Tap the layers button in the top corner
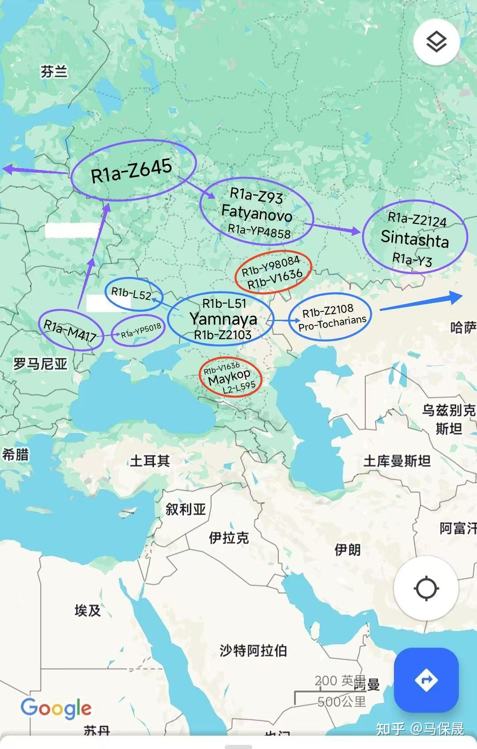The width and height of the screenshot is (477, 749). (436, 42)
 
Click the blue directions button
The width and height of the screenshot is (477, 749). (426, 680)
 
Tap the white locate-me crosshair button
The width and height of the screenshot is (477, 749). (426, 588)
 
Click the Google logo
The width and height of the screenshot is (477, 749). (56, 708)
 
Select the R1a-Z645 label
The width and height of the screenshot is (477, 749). (131, 170)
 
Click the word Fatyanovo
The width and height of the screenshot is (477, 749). (257, 213)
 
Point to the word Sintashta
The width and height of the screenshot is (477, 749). (414, 238)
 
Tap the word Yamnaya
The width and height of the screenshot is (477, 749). (223, 318)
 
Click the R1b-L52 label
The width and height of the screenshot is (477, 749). (131, 293)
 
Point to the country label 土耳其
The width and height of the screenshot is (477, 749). (150, 461)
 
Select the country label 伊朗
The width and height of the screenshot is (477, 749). (348, 549)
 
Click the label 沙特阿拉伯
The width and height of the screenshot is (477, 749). (253, 650)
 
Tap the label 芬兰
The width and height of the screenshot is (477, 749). (54, 72)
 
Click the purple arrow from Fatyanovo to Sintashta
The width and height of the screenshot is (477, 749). (336, 228)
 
